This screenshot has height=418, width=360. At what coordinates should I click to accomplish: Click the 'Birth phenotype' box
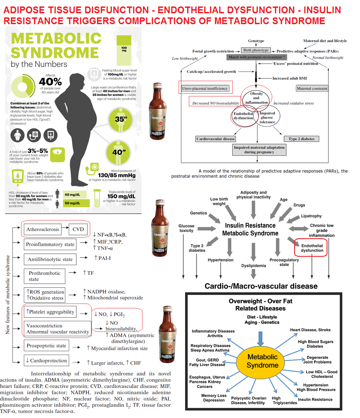click(x=256, y=50)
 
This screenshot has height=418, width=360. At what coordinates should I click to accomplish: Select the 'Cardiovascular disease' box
click(x=216, y=139)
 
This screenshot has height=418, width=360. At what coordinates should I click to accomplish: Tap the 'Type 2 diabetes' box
click(x=301, y=139)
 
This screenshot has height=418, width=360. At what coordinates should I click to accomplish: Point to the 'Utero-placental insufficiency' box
click(x=205, y=89)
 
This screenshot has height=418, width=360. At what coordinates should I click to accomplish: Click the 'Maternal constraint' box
click(x=312, y=89)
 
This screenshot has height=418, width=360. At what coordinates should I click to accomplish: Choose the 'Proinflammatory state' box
click(x=50, y=244)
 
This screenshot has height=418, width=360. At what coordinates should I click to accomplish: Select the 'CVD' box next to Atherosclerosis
click(x=78, y=229)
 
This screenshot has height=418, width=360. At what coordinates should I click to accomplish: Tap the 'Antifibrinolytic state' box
click(x=50, y=259)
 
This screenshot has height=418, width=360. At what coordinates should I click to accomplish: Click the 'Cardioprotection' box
click(x=47, y=360)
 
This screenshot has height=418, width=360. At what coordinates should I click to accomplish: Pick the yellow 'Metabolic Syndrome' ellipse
click(x=262, y=361)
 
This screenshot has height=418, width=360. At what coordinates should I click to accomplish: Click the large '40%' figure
click(x=50, y=82)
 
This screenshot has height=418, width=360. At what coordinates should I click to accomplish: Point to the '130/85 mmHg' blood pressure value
click(x=117, y=175)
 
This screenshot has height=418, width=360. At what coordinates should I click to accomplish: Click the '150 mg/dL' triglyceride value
click(x=121, y=197)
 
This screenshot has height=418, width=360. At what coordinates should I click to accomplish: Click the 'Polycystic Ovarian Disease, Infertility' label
click(x=249, y=400)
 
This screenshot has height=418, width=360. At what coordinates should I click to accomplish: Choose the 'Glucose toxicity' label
click(x=186, y=228)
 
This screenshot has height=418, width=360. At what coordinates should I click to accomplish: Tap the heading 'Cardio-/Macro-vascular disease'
click(x=261, y=286)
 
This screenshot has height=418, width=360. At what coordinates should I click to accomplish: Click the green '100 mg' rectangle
click(x=124, y=50)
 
